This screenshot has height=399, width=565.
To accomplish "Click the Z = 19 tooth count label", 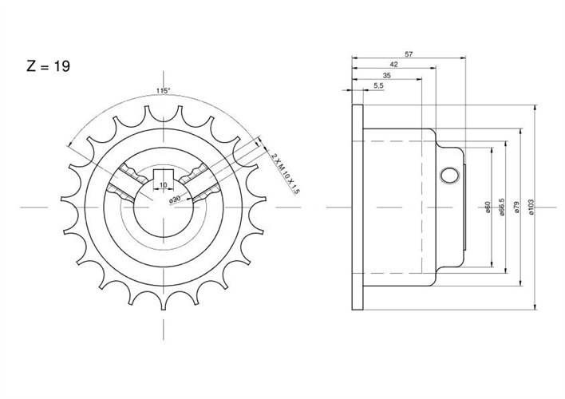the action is [x=49, y=66].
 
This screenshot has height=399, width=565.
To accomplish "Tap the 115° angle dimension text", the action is [x=163, y=91].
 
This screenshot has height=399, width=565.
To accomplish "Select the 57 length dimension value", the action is [x=409, y=54].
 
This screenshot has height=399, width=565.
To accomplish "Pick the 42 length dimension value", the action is [x=394, y=64].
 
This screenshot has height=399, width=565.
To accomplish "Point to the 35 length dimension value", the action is [x=386, y=76].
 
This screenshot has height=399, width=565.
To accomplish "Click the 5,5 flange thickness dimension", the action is [x=379, y=85].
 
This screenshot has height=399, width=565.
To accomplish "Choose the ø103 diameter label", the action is [x=531, y=207].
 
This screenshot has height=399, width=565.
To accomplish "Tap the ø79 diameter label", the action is [x=516, y=207].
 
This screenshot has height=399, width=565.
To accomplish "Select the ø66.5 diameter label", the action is [x=501, y=207].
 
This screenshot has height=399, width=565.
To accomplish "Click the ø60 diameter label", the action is [x=488, y=207].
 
